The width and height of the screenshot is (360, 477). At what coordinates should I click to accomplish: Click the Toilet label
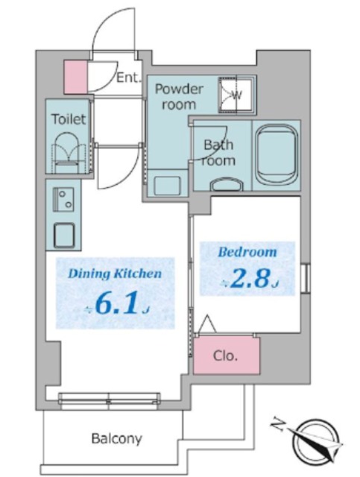pos(69,119)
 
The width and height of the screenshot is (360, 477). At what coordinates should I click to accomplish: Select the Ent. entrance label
pos(129,78)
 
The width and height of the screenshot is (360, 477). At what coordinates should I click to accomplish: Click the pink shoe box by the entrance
pos(75,77)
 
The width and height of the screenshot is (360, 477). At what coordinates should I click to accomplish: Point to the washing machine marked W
pos(237,95)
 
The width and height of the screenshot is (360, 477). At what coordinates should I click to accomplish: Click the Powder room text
pos(179,97)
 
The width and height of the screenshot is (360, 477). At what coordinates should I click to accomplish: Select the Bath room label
pos(219,152)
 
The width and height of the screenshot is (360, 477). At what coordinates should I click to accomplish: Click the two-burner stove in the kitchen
pos(63,199)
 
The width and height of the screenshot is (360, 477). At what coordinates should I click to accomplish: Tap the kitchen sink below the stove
pos(64,235)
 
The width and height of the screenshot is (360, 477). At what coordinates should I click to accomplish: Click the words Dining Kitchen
pos(115,274)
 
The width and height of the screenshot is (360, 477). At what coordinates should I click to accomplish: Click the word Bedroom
pos(247,252)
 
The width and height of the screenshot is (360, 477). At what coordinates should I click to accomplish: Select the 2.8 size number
pos(250,279)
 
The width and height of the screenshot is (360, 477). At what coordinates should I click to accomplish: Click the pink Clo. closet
pos(227,355)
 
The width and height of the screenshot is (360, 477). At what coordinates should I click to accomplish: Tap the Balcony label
pos(116,438)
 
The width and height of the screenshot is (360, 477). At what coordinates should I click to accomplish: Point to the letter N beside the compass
pos(278,426)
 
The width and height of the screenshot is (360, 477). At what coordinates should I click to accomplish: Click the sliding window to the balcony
pos(110,398)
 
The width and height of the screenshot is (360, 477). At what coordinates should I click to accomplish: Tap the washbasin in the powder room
pos(167,186)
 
